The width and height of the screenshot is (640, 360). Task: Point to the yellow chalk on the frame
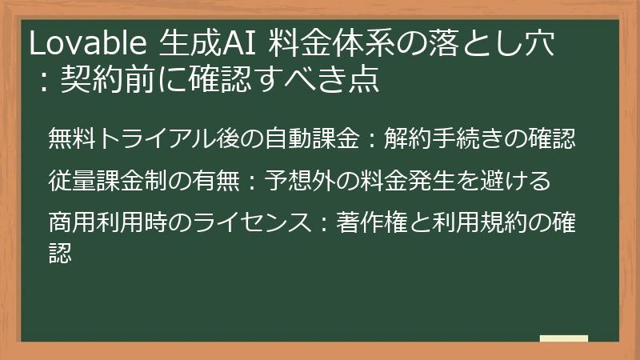(x=563, y=338)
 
